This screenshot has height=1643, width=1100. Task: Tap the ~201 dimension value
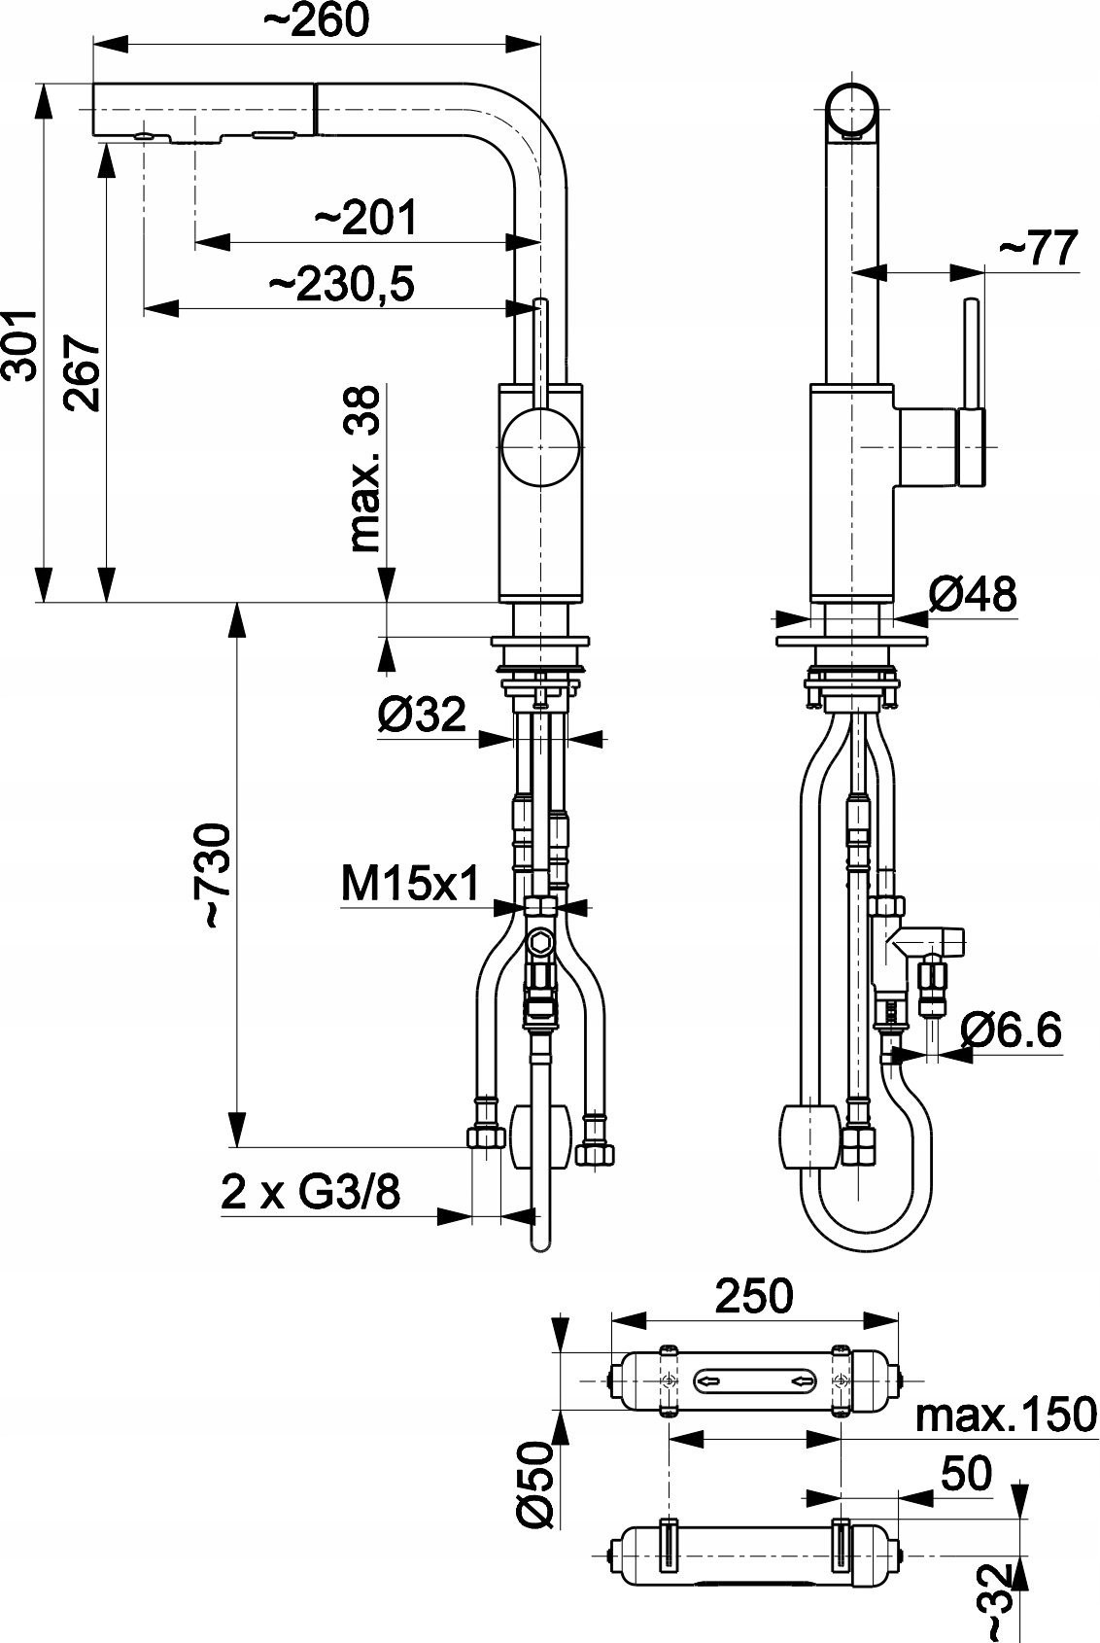(x=365, y=217)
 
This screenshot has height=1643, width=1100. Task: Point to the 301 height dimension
(x=19, y=345)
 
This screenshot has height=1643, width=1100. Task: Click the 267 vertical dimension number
(x=81, y=373)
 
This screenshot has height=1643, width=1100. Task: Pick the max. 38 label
(x=364, y=469)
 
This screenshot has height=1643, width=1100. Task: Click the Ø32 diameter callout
(x=422, y=714)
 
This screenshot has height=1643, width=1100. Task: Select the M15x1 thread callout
(x=410, y=883)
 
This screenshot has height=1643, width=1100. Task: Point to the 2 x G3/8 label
(x=311, y=1193)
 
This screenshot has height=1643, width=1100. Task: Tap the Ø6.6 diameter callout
(x=1010, y=1029)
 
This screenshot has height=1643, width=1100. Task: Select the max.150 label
(x=1006, y=1415)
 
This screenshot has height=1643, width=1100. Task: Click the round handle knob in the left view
(x=539, y=447)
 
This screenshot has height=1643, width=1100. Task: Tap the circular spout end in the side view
(x=851, y=109)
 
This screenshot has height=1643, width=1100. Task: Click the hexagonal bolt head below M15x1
(x=539, y=941)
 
